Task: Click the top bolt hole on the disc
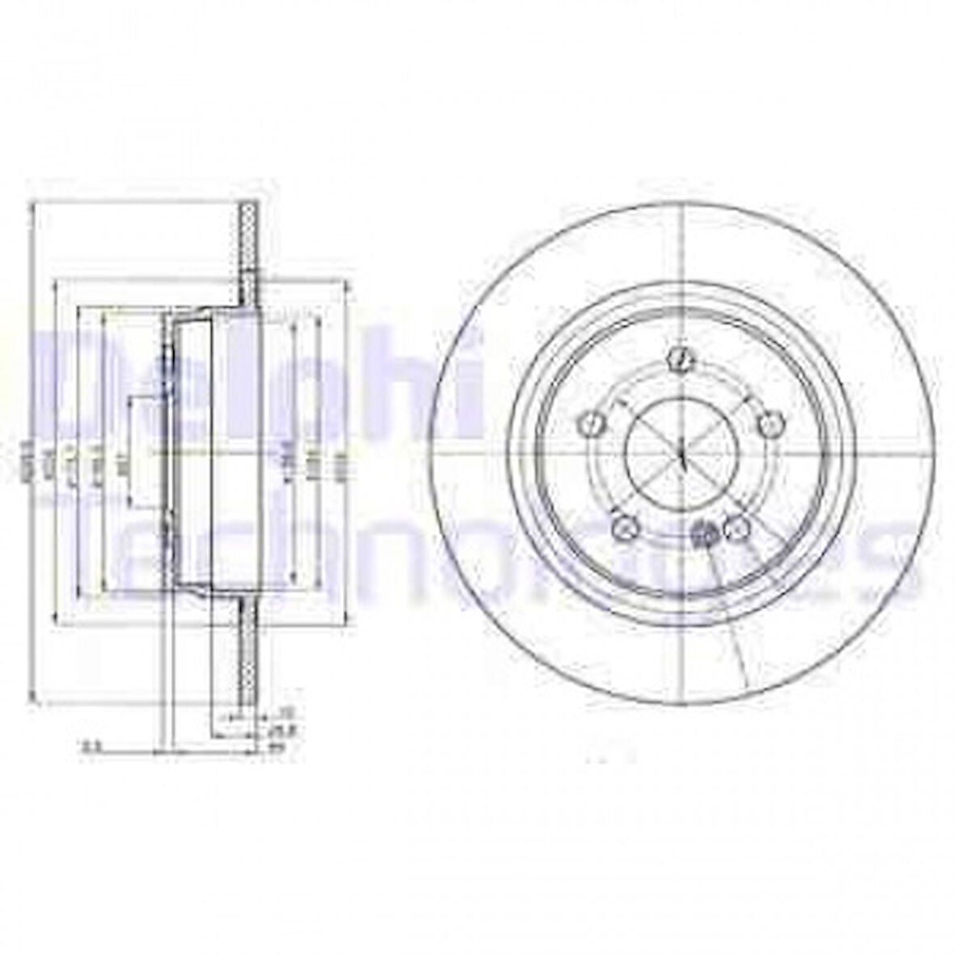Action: tap(681, 358)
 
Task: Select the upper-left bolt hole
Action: tap(592, 423)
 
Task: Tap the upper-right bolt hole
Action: tap(771, 423)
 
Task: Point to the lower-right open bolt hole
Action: tap(736, 528)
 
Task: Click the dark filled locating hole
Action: tap(706, 533)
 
